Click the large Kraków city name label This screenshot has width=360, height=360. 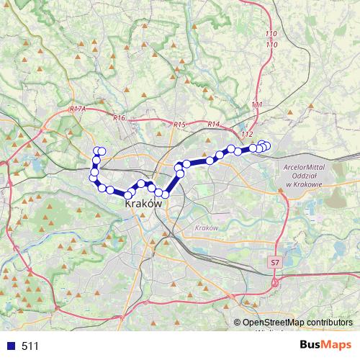(143, 204)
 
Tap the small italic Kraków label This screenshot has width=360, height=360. (206, 228)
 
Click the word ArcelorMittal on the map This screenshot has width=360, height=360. (306, 167)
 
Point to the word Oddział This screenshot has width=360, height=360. (305, 176)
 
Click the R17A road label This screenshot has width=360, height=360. (78, 108)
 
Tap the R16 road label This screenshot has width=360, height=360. (119, 117)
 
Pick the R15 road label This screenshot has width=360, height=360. (179, 125)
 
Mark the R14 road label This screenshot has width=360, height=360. (212, 124)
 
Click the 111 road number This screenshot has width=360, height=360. (257, 105)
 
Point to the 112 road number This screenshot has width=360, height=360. (248, 135)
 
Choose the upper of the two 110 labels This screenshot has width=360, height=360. (271, 34)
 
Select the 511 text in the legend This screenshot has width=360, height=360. (30, 346)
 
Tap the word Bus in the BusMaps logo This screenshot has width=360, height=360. (311, 345)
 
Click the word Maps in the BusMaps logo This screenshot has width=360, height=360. (338, 345)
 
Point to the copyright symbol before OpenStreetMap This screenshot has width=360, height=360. (237, 323)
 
